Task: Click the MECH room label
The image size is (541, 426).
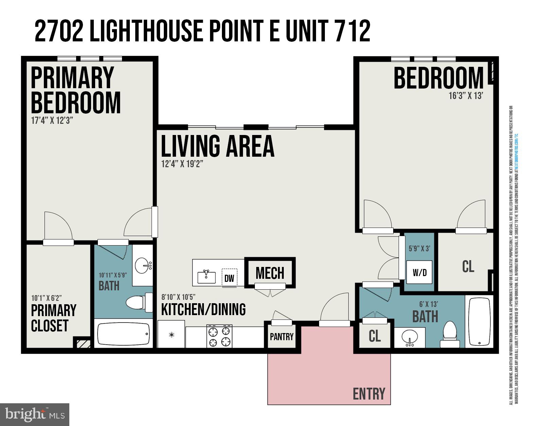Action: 270,273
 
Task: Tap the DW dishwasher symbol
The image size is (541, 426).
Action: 229,278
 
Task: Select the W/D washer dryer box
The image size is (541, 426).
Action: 419,272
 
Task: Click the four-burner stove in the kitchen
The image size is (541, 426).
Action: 220,336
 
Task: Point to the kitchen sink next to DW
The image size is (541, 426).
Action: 207,276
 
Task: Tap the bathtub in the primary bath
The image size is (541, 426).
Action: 123,334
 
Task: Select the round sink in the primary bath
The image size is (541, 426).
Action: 143,266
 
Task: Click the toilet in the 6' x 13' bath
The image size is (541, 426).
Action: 450,334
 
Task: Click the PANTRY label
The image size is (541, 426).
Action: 281,337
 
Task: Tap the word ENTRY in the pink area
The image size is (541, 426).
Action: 369,394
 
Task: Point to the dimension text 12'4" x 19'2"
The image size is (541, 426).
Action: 182,164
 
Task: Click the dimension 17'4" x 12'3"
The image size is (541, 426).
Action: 52,121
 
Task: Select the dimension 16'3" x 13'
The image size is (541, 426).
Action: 466,96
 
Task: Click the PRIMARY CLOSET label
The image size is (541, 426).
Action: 54,318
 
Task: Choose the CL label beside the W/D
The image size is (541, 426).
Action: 468,267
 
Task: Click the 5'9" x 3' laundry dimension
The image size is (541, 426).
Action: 419,248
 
